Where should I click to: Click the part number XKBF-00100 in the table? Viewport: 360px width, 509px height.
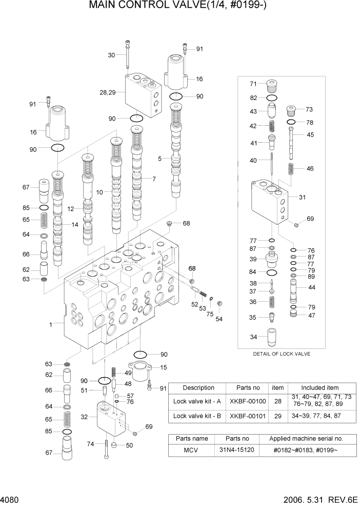click(248, 401)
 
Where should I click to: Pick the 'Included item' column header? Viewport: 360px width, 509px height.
click(319, 387)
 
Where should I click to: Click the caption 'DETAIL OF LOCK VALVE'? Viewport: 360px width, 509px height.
click(282, 354)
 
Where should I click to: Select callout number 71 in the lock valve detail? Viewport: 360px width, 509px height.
click(253, 84)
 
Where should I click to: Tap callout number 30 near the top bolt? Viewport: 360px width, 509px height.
click(111, 55)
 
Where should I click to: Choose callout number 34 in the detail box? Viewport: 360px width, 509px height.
click(253, 337)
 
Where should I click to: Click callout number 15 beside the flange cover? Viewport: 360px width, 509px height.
click(164, 367)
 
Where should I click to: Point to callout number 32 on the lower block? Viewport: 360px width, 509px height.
click(85, 417)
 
